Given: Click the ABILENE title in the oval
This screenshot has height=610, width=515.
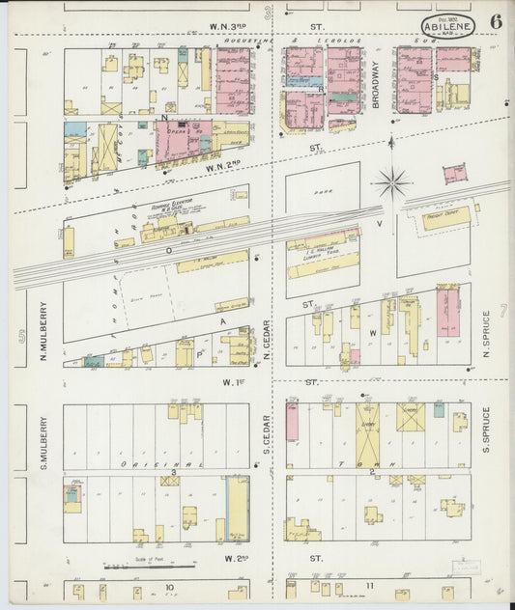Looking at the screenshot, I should [446, 27].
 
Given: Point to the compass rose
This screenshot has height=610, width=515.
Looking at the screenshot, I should [392, 180].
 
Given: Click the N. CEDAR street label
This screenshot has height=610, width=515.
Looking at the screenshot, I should [267, 343].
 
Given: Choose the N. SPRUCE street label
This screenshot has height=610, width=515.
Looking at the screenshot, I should [487, 334].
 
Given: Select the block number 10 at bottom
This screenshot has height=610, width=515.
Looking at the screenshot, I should [168, 587].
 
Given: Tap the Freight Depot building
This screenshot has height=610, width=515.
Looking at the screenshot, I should [443, 218].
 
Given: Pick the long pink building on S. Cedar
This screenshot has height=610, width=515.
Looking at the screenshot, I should [292, 423].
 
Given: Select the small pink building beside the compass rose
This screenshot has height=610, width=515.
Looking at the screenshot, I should [453, 174].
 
